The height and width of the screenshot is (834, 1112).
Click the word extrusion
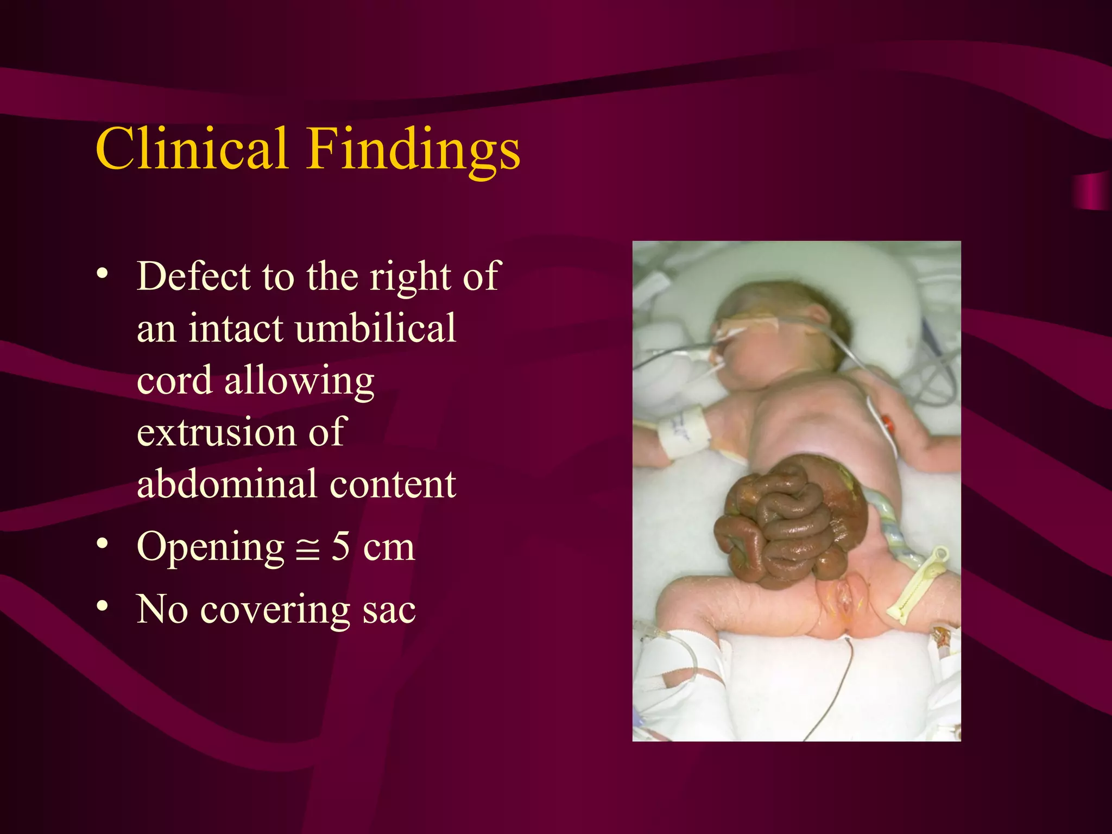(217, 432)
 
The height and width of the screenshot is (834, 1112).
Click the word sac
(389, 610)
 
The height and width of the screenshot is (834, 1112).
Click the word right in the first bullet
(410, 277)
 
